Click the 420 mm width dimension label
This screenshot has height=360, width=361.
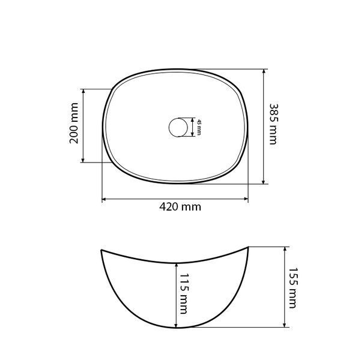180,207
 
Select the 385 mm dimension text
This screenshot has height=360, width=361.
274,124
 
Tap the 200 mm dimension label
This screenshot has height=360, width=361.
74,123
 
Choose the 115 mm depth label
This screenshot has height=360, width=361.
184,293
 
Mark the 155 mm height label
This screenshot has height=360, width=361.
293,288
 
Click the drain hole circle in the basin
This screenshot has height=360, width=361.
178,127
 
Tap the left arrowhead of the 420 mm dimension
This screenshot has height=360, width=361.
104,199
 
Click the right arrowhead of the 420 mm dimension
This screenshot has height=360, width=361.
246,199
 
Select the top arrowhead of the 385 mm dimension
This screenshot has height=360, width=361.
264,71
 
